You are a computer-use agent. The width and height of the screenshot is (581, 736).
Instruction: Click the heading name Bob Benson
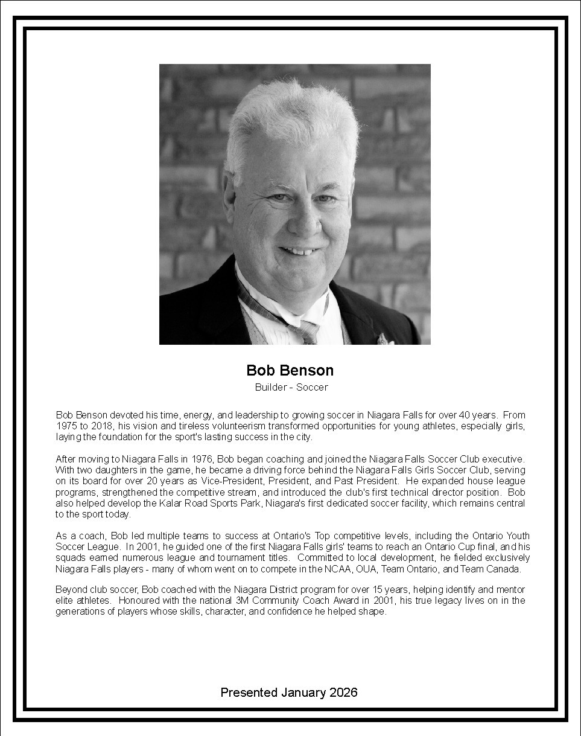pos(290,370)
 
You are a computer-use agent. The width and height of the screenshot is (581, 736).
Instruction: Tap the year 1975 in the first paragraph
pos(66,426)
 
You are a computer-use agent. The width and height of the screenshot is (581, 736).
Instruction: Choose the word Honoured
pos(141,600)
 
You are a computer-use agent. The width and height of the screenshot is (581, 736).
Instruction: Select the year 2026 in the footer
pos(343,693)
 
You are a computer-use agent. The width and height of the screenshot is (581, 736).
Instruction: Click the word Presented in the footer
pos(249,693)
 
